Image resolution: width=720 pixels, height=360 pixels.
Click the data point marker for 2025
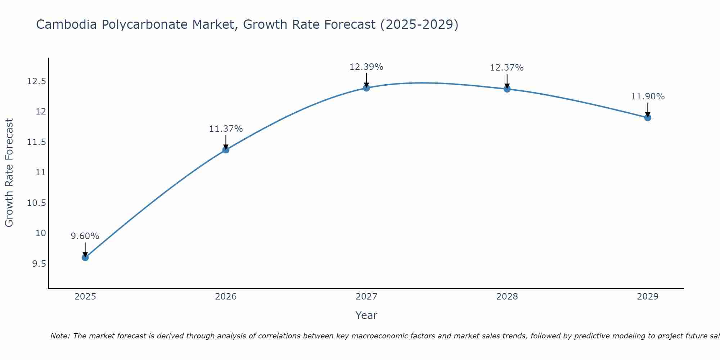(x=85, y=257)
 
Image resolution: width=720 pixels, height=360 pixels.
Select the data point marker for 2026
(x=226, y=150)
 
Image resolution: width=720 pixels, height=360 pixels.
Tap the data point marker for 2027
(x=366, y=88)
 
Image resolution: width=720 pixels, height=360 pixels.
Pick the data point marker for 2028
(x=507, y=89)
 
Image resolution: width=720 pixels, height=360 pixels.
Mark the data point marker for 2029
(x=648, y=118)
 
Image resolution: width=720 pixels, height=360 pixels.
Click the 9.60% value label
(x=85, y=236)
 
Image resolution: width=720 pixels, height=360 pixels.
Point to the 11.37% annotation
(x=226, y=129)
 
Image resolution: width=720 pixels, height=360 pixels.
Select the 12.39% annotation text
(x=366, y=67)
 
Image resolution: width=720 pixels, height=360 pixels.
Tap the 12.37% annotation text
(x=507, y=67)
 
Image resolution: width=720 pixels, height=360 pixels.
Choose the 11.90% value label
(x=648, y=96)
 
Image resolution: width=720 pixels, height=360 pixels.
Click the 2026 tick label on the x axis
(x=226, y=297)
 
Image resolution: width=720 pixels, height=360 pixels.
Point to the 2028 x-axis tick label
(x=507, y=297)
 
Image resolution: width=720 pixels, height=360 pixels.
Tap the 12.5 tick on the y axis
(x=37, y=81)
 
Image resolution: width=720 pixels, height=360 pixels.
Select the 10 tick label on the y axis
(x=41, y=233)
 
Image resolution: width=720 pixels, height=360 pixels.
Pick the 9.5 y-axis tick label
(x=39, y=264)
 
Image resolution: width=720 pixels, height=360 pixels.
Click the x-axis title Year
(x=366, y=315)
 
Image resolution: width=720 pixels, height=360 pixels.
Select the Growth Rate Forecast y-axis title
(x=9, y=173)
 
